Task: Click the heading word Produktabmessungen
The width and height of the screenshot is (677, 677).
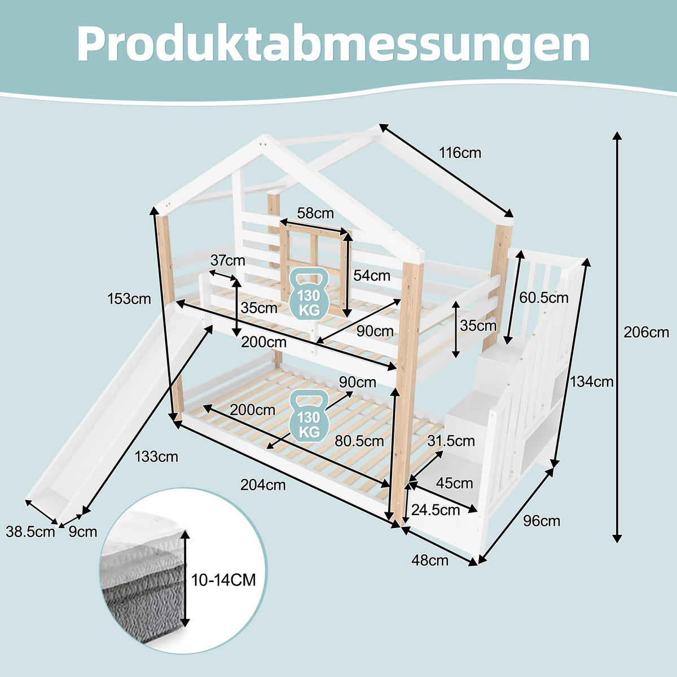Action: pos(333,43)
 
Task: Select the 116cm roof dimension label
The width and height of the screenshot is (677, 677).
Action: pos(460,152)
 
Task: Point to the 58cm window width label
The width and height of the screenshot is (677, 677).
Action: pos(315,213)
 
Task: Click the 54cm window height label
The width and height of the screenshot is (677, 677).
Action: pos(372,275)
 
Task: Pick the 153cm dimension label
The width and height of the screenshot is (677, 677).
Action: pos(129,298)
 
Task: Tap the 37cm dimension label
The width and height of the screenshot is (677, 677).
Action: pos(227,260)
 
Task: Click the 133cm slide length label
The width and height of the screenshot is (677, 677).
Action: pos(156,456)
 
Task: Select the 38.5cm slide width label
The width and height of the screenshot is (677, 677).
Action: pos(30,531)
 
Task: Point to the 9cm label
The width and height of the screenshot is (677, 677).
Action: pos(83,531)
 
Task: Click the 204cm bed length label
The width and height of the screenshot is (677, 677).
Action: pos(263,484)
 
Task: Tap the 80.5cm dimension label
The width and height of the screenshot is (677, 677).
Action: pos(359,441)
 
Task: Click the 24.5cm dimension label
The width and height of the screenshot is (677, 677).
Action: pos(436,510)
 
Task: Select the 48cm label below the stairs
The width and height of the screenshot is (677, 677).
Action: pos(430,560)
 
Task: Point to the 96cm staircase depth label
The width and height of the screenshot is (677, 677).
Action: pos(542,521)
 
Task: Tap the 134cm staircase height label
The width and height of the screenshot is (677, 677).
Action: pos(591,382)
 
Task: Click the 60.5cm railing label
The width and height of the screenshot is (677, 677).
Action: pos(544,298)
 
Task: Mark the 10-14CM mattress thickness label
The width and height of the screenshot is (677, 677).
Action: pos(223,579)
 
